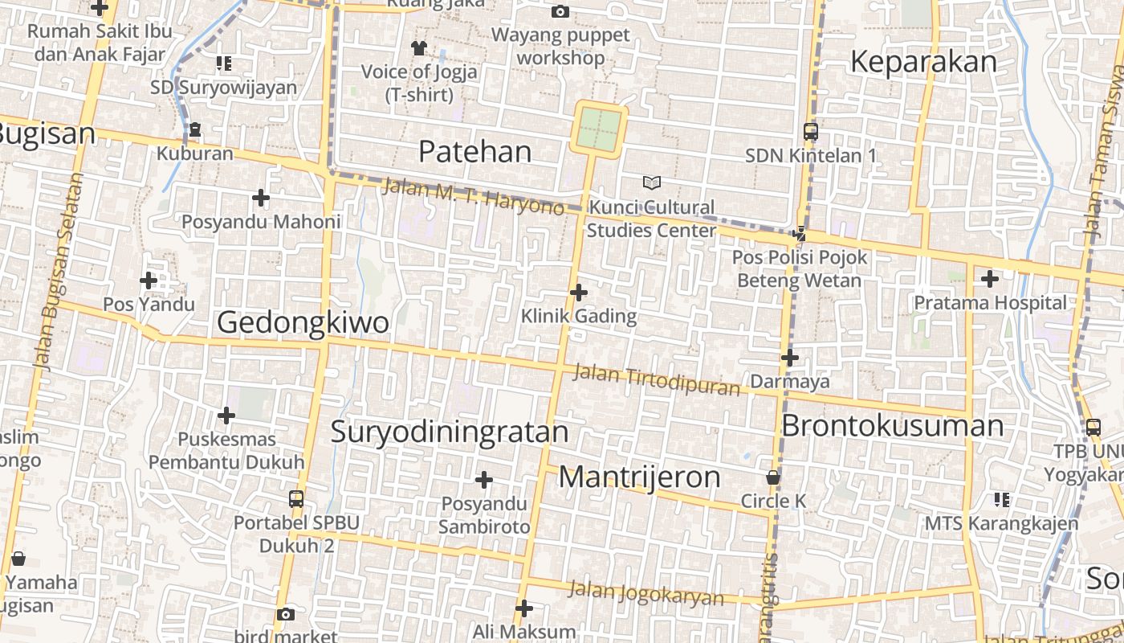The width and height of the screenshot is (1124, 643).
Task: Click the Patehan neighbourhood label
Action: [x=475, y=151]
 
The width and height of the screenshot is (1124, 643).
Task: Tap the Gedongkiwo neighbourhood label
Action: [x=303, y=322]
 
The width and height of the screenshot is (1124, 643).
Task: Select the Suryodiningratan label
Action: [x=450, y=432]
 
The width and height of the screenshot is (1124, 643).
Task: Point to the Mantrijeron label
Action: [x=640, y=477]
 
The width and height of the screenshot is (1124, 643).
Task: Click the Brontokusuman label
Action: [x=892, y=425]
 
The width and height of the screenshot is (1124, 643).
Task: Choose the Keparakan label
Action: [x=923, y=62]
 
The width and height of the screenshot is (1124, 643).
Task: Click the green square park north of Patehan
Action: [x=599, y=129]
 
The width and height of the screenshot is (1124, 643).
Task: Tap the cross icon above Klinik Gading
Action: [x=578, y=293]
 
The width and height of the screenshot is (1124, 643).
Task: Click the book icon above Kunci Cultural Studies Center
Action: [x=651, y=183]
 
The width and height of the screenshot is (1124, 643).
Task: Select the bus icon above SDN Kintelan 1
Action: [x=811, y=132]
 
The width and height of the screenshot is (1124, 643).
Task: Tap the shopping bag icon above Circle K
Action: [x=773, y=477]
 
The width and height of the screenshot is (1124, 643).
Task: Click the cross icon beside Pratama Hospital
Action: [x=990, y=279]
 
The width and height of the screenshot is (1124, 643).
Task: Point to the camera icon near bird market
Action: [x=285, y=615]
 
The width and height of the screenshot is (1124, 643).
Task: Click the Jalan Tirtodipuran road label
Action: [x=657, y=380]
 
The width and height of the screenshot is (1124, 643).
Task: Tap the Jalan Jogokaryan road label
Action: [x=645, y=594]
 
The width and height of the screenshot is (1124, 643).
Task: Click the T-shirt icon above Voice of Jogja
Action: [x=418, y=47]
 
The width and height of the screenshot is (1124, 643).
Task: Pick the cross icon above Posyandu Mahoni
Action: [x=261, y=198]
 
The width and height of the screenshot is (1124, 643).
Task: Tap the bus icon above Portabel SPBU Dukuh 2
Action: [x=295, y=499]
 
